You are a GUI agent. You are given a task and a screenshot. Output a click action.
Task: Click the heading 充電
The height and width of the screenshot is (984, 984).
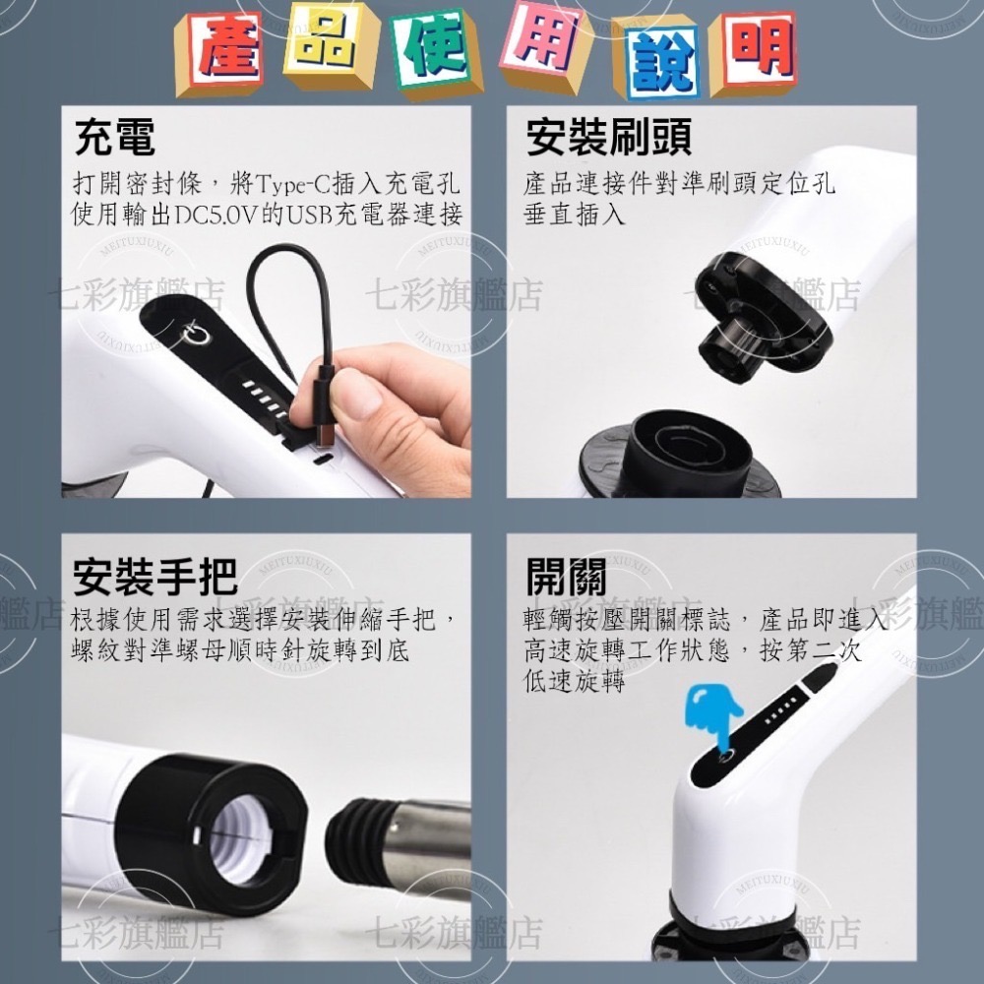pyautogui.click(x=115, y=138)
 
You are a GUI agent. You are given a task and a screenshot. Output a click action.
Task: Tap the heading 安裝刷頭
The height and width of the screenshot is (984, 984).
pyautogui.click(x=609, y=138)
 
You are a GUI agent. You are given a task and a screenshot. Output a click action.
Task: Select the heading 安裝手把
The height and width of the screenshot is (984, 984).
pyautogui.click(x=155, y=578)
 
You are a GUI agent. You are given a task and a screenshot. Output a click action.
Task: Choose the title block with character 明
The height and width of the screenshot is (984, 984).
pyautogui.click(x=755, y=49)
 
